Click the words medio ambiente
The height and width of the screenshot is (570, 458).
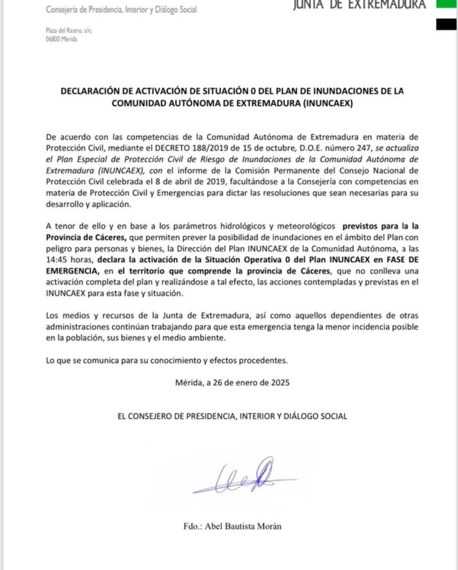tap(200, 338)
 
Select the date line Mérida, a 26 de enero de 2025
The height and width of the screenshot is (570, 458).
tap(232, 382)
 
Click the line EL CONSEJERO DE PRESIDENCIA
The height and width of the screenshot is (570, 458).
tap(232, 416)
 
